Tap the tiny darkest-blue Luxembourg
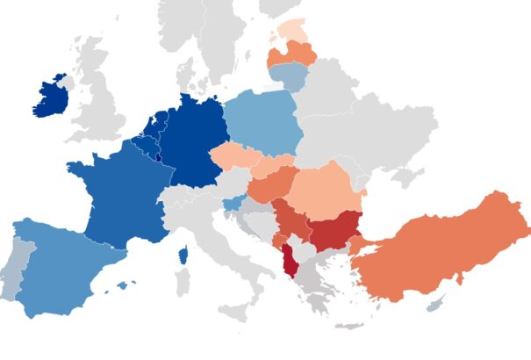[156, 157]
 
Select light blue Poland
[263, 123]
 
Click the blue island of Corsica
[183, 256]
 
